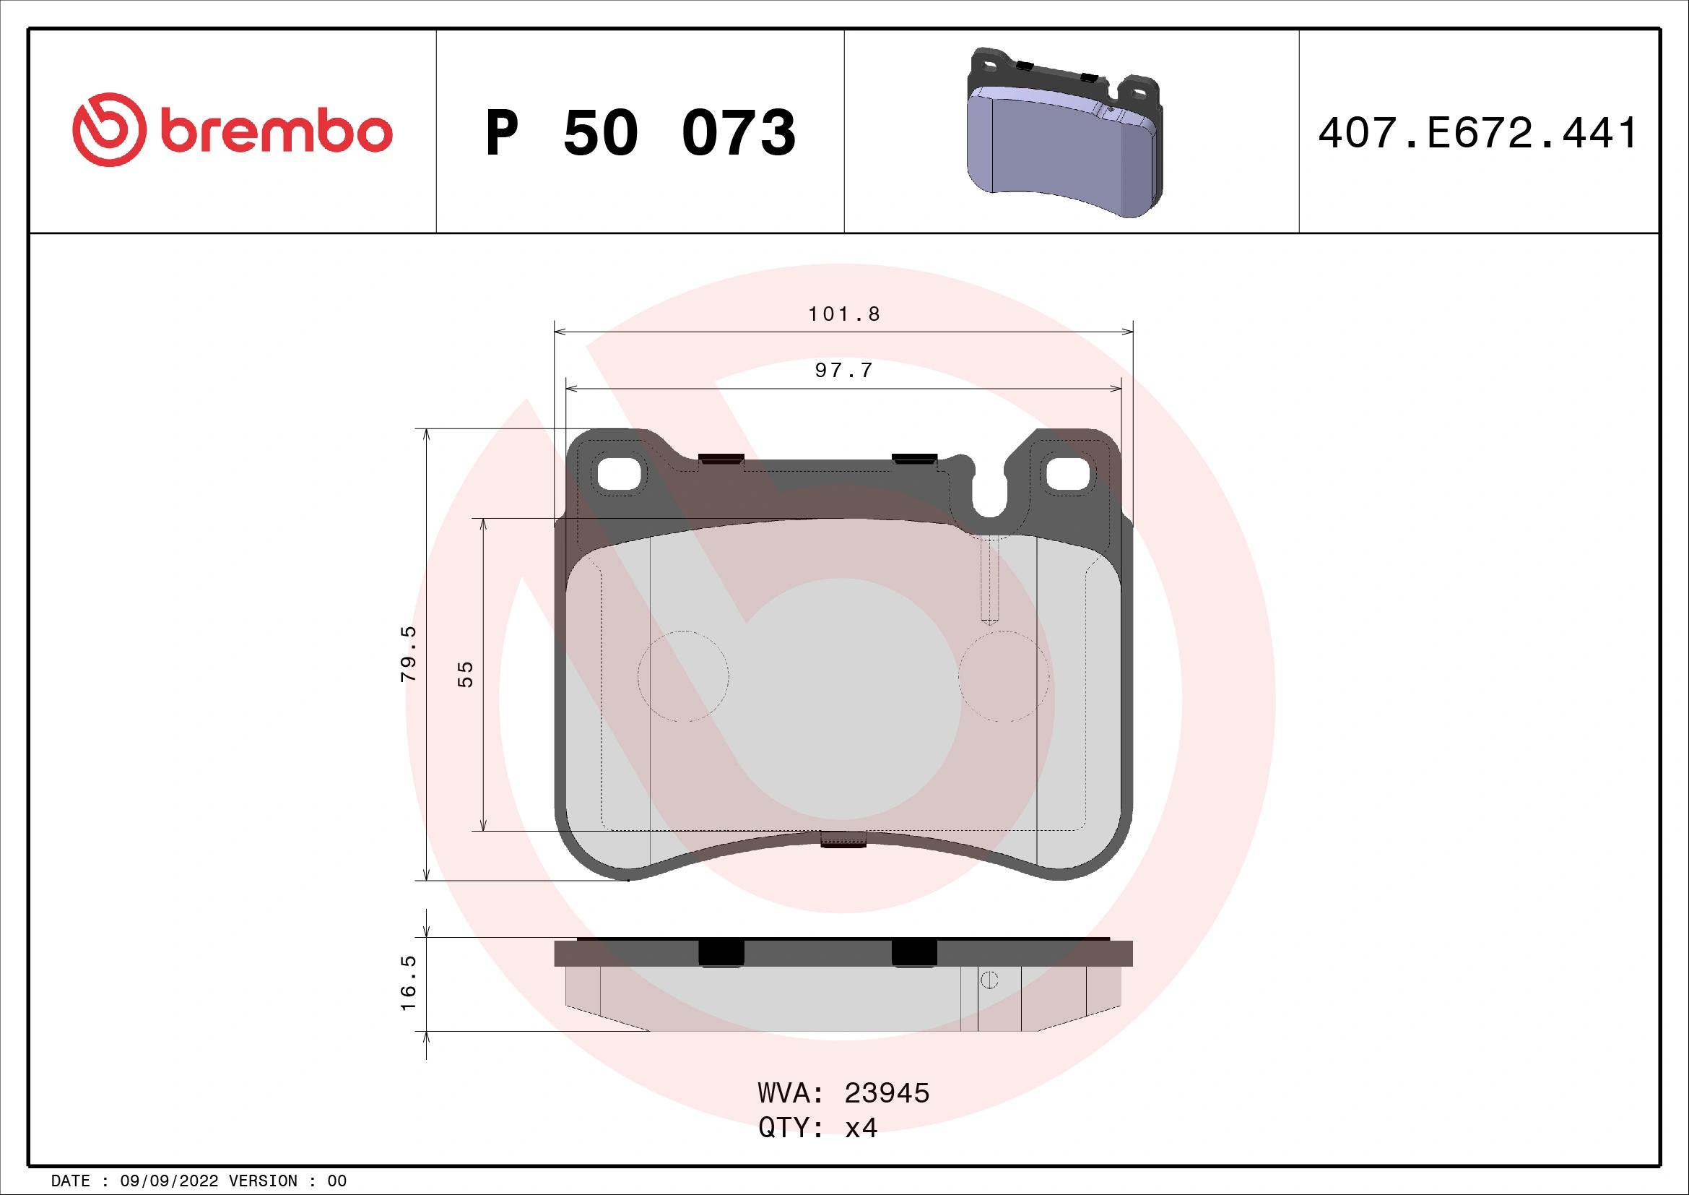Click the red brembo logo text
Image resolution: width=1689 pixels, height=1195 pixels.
[x=276, y=131]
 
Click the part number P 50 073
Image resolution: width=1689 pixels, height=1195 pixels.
[x=640, y=133]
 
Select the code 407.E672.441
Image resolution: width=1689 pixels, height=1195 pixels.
[x=1478, y=133]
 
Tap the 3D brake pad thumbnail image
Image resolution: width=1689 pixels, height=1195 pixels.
[x=1064, y=133]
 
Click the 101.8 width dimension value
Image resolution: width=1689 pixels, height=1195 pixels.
[x=843, y=314]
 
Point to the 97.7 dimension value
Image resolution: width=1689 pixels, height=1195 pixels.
[x=843, y=370]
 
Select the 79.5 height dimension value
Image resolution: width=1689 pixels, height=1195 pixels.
[x=408, y=653]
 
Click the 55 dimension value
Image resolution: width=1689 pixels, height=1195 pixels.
[x=465, y=674]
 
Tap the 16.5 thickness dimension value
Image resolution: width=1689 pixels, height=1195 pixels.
[x=408, y=983]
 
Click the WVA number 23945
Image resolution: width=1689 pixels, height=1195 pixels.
[x=887, y=1093]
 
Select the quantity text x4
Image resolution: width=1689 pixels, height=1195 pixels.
[x=861, y=1127]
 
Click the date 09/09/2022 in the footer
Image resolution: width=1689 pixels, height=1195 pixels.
[x=169, y=1181]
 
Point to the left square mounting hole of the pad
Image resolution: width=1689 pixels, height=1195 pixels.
[x=620, y=474]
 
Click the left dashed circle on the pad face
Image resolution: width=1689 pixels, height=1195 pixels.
[x=683, y=676]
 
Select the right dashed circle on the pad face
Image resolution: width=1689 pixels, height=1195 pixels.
[x=1004, y=676]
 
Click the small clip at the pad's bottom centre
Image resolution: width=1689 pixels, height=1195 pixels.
[x=843, y=839]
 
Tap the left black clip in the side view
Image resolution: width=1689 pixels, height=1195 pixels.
[x=721, y=953]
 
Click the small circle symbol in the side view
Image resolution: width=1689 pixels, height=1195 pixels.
[x=989, y=980]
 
